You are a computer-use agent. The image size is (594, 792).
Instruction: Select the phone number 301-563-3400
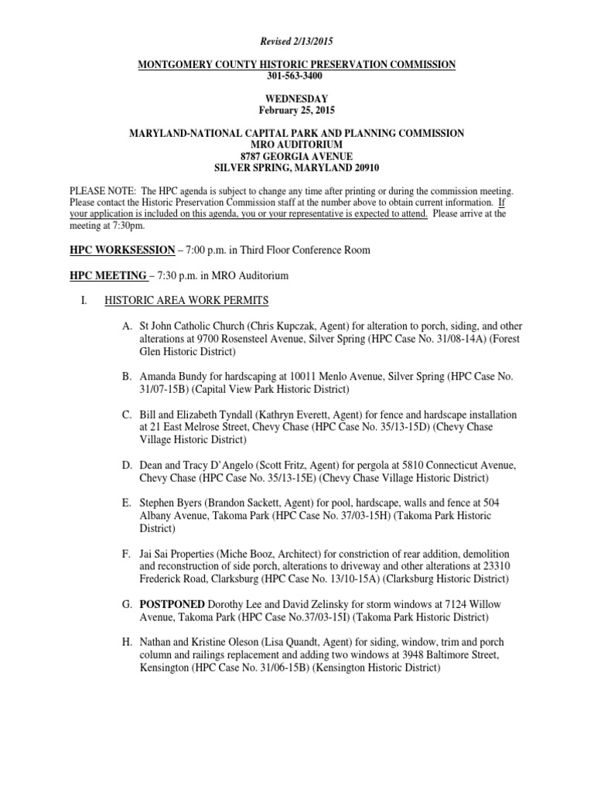coord(297,77)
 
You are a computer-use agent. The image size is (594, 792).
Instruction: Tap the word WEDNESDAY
coord(297,99)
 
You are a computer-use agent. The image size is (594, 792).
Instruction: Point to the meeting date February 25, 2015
coord(297,110)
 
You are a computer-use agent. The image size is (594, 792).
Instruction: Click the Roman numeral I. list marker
coord(86,300)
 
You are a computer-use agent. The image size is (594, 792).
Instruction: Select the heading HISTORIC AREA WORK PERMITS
coord(186,300)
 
